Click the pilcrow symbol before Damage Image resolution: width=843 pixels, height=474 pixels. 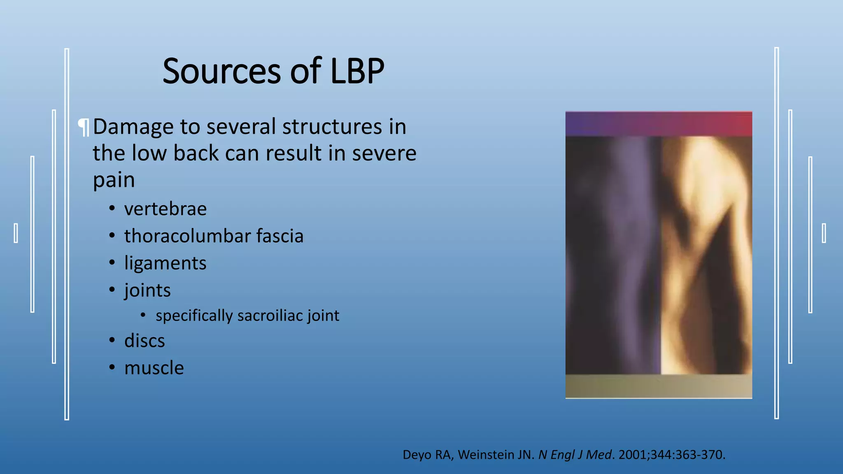click(84, 127)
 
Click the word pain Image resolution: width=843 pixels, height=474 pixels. click(114, 180)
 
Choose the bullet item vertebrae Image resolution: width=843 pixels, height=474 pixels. click(165, 209)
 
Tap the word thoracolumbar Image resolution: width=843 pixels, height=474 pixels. click(188, 236)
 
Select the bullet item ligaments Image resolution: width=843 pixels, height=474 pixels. click(165, 263)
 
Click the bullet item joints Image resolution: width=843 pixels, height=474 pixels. click(147, 290)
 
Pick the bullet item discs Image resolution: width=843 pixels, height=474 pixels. click(144, 341)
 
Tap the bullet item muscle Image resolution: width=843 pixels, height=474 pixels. click(154, 368)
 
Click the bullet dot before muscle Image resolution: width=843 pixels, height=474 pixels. click(112, 367)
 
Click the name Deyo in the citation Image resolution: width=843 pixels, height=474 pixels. click(415, 455)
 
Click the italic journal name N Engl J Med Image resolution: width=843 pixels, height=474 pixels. click(575, 455)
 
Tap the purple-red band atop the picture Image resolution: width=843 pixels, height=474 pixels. click(659, 124)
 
